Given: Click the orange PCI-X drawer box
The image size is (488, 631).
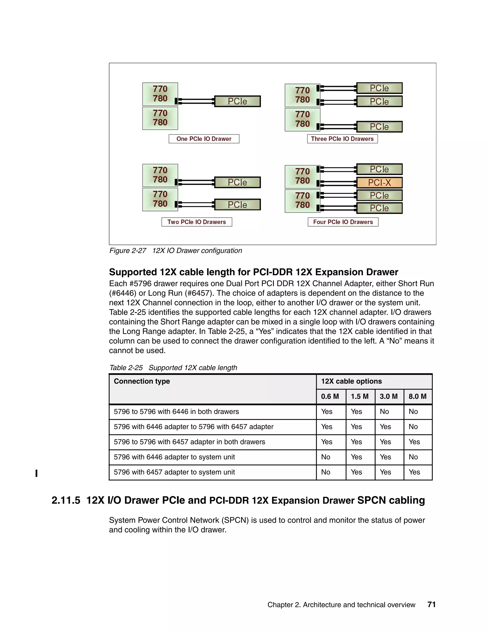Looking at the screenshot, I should (379, 183).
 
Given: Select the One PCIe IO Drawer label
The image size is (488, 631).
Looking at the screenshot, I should (204, 139).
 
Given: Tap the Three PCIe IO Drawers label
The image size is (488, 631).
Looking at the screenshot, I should (342, 139).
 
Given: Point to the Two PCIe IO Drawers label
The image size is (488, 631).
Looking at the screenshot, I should (197, 222).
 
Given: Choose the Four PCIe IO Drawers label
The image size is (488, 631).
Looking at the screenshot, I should (343, 222).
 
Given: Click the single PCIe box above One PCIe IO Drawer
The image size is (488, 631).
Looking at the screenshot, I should (237, 101).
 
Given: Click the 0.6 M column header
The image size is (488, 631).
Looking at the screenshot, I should (330, 396).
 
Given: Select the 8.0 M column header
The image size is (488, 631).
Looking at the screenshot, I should (417, 396).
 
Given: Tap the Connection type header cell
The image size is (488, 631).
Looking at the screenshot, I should (142, 381).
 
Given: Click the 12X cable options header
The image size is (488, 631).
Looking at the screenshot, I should (351, 381).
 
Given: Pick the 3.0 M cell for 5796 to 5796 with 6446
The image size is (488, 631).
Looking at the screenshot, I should (385, 412).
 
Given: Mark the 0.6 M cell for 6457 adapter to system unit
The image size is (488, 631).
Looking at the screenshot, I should (326, 472).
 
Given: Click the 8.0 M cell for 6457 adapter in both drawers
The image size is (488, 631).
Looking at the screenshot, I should (414, 442).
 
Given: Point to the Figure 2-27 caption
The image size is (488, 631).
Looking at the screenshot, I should (175, 250).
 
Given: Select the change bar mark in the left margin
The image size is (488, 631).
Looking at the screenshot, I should (36, 473).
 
